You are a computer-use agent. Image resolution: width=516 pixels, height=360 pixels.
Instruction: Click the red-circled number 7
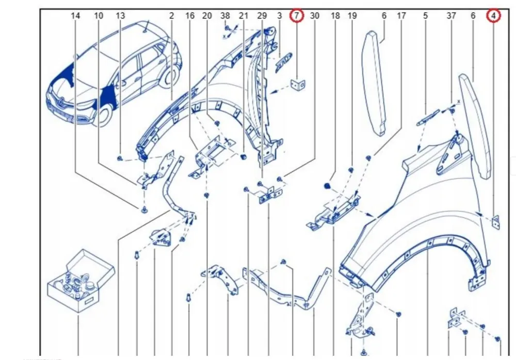click(x=297, y=15)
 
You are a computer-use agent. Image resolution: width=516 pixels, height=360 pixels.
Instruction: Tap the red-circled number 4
click(x=493, y=15)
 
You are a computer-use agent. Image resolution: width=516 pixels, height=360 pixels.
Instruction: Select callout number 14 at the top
click(x=75, y=15)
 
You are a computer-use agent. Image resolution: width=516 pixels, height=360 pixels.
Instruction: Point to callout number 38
click(x=225, y=15)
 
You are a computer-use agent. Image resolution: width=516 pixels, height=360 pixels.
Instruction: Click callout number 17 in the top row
click(x=401, y=15)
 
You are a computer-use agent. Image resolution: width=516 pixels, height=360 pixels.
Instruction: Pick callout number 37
click(x=451, y=15)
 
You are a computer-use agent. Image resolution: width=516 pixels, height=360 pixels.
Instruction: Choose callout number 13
click(x=120, y=15)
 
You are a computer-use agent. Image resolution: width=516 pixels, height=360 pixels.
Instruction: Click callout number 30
click(x=315, y=15)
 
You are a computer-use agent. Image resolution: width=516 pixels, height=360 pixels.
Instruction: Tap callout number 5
click(x=426, y=15)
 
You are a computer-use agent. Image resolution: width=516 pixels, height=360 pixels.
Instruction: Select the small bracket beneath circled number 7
click(x=298, y=85)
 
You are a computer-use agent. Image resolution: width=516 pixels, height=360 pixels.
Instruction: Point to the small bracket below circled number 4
click(x=495, y=222)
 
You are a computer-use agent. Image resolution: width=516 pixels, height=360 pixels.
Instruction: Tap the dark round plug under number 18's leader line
click(x=327, y=186)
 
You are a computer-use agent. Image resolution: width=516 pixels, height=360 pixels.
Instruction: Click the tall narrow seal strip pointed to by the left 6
click(x=374, y=83)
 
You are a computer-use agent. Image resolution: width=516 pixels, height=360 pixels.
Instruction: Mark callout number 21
click(x=243, y=15)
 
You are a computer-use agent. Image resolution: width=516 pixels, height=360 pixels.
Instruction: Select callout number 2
click(x=171, y=15)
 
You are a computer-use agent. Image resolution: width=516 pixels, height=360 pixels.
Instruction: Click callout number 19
click(x=352, y=15)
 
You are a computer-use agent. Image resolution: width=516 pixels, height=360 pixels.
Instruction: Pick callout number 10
click(x=99, y=15)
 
